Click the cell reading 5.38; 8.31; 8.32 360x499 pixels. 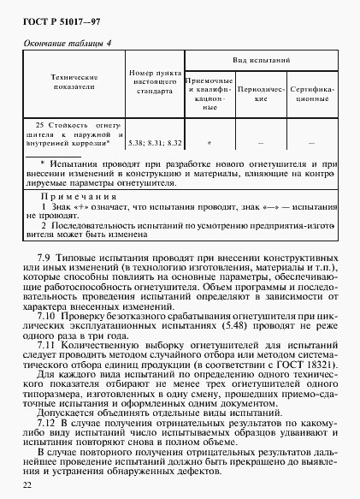pyautogui.click(x=155, y=143)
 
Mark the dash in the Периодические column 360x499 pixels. pyautogui.click(x=254, y=143)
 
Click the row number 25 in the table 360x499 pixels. pyautogui.click(x=31, y=126)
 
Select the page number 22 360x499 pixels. pyautogui.click(x=27, y=485)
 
